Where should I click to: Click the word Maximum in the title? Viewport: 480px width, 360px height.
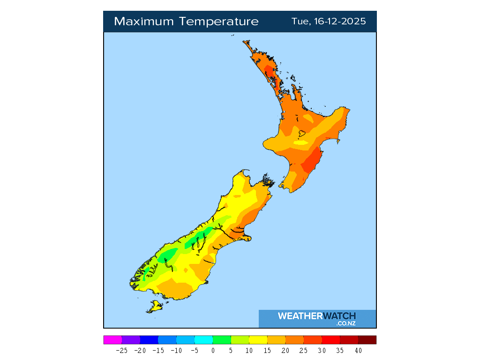coord(144,22)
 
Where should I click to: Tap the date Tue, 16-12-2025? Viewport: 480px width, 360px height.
coord(329,22)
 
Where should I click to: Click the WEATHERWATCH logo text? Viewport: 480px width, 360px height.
coord(317,316)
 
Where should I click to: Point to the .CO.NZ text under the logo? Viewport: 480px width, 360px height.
coord(346,323)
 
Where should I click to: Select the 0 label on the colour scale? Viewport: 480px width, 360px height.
coord(213,350)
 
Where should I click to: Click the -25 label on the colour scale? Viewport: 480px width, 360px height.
coord(121,350)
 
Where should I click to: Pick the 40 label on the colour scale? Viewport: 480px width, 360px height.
coord(358,350)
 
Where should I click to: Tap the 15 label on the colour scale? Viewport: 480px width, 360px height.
coord(267,350)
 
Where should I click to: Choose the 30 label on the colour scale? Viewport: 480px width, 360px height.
coord(322,350)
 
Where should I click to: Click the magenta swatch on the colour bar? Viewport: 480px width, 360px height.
coord(112,340)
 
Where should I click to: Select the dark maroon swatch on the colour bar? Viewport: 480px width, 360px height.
coord(367,340)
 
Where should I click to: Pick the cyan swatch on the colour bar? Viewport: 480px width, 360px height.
coord(203,340)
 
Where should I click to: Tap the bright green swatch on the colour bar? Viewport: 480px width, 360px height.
coord(222,340)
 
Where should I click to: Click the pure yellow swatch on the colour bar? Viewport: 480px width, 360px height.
coord(258,340)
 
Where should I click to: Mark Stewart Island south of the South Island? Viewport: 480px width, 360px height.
coord(154,307)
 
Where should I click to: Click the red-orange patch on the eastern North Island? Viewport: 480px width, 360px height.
coord(310,162)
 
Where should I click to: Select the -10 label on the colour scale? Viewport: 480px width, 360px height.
coord(176,350)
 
